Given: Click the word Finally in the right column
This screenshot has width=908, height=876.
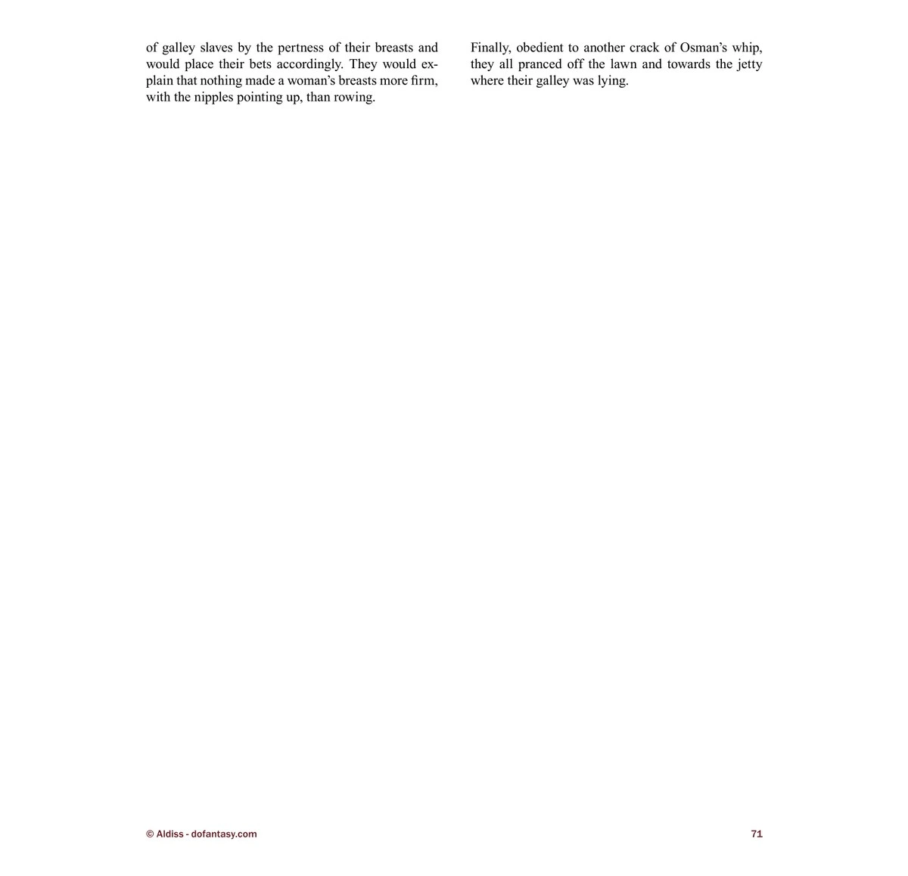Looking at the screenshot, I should tap(490, 48).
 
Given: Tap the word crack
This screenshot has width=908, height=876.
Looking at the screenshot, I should tap(644, 48).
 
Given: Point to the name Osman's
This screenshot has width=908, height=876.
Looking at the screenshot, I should tap(703, 48).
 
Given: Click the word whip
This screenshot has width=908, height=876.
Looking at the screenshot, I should tap(747, 48).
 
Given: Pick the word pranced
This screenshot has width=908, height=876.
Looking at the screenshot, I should tap(540, 64).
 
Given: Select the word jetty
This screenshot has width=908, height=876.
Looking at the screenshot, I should tap(747, 65).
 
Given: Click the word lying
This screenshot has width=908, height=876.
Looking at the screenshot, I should tap(613, 82).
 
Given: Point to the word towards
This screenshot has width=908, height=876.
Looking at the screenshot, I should tap(688, 64).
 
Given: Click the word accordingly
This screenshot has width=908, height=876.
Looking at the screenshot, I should tap(309, 65).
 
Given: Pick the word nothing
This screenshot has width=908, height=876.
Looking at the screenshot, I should tap(221, 81).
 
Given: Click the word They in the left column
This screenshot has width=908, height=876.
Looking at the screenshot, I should tap(362, 64).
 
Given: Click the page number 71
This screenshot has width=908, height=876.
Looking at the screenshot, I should tap(757, 834).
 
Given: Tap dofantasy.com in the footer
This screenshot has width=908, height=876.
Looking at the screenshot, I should tap(224, 834).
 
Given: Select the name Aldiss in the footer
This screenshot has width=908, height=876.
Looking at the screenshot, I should tap(169, 834).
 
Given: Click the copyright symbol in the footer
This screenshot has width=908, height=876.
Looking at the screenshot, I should tap(150, 834).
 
